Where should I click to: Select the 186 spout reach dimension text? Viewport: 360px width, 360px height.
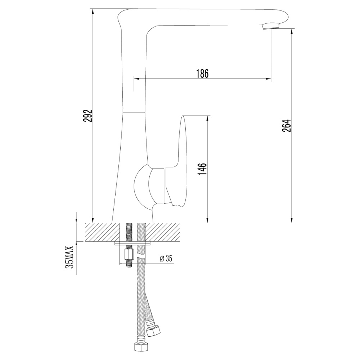(202, 73)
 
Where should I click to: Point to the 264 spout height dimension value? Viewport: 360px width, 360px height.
(286, 125)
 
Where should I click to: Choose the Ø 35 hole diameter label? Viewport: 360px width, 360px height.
(166, 258)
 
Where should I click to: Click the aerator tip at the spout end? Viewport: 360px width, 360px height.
(270, 26)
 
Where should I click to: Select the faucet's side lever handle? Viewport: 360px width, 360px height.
(183, 162)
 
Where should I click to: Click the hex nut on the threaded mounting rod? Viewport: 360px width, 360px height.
(129, 255)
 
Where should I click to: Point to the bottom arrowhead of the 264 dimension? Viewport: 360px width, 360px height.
(292, 220)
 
